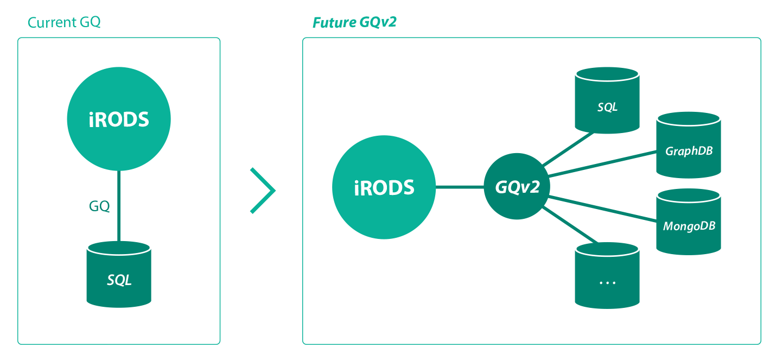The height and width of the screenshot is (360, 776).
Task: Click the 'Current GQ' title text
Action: point(64,23)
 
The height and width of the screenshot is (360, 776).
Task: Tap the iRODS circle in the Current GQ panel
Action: point(119,119)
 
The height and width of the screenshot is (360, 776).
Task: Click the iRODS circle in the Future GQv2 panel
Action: point(384,187)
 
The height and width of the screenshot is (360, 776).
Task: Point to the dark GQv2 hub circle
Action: point(517,187)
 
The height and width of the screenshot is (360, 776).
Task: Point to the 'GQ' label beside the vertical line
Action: point(99,206)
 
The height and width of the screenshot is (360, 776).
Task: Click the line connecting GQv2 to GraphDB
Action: point(602,163)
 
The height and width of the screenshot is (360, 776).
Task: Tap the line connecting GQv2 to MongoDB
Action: point(602,209)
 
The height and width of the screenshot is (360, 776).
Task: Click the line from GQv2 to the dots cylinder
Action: point(570,224)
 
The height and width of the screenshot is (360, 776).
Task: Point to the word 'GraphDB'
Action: point(689,151)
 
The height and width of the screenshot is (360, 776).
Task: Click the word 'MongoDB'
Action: point(689,226)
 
